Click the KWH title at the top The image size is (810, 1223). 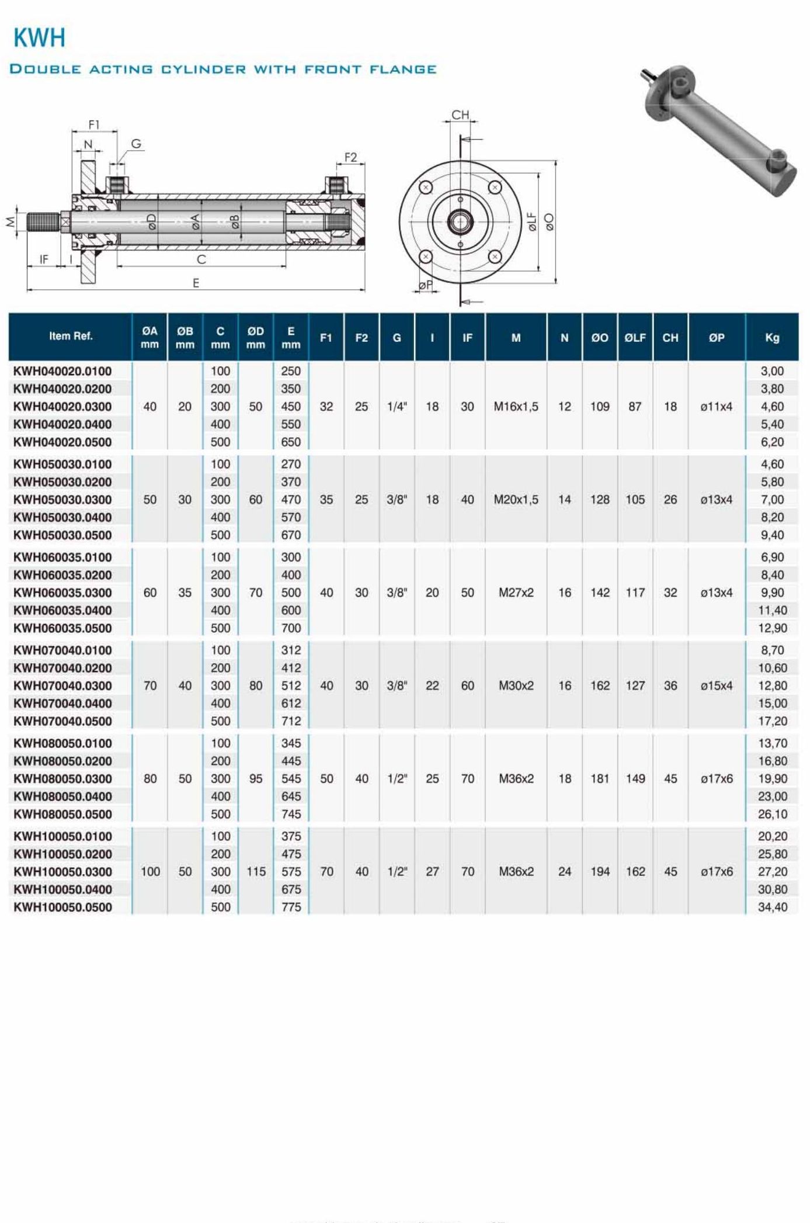point(39,39)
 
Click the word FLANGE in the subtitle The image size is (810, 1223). point(403,70)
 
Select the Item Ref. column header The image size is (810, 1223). point(71,336)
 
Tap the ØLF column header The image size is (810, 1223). point(635,338)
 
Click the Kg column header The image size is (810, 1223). point(771,338)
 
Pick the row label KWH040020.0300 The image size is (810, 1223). point(62,407)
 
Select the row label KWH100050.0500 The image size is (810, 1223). point(62,907)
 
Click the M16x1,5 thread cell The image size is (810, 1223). point(516,407)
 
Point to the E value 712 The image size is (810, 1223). point(291,721)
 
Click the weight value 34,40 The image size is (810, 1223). point(772,907)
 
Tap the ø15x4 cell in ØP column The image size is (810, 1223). point(716,685)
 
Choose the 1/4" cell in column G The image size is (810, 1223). point(397,407)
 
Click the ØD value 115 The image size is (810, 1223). point(256,871)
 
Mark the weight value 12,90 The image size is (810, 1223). point(772,628)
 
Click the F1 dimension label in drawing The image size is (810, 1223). point(94,125)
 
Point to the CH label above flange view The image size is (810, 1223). point(460,115)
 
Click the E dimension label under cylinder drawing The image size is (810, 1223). point(196,283)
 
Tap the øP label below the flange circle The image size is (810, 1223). point(426,285)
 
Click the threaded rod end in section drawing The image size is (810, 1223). point(43,222)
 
